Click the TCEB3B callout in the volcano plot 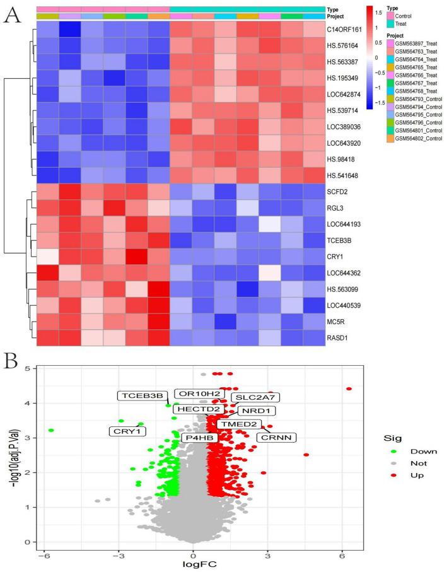[141, 396]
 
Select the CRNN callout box [276, 437]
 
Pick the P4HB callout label [199, 437]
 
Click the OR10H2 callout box [199, 394]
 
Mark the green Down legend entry [395, 452]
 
